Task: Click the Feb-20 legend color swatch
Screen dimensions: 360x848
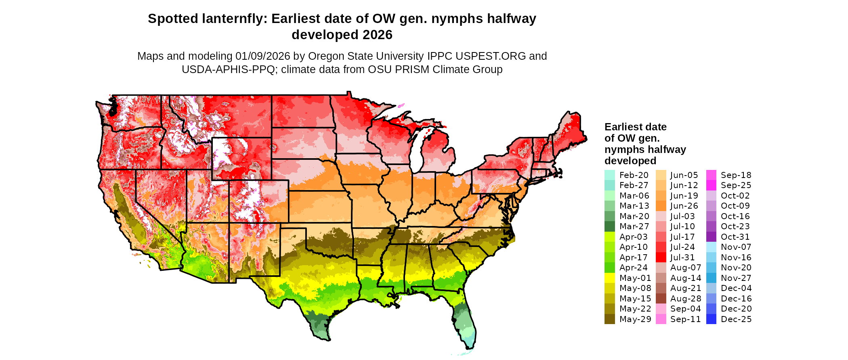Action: pos(609,175)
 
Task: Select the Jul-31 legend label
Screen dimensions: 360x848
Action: pos(682,257)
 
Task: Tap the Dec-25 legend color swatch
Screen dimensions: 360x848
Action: pos(711,319)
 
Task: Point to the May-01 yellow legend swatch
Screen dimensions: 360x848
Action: pos(609,278)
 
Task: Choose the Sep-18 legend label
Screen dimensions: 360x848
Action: pos(736,175)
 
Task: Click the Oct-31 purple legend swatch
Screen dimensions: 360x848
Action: pos(711,237)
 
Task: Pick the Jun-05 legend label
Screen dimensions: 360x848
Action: pos(684,175)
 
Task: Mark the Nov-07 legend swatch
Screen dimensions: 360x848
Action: pos(711,247)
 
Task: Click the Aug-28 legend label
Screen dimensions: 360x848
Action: pos(686,299)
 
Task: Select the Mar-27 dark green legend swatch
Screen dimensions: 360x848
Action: pos(609,226)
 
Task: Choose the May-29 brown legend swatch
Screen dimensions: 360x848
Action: pos(609,319)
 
